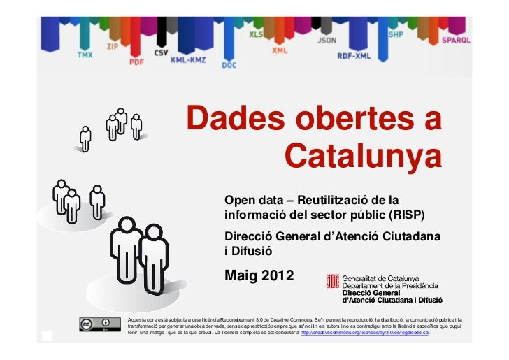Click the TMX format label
(85, 54)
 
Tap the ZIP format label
(113, 46)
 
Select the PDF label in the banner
(136, 62)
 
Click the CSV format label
(162, 52)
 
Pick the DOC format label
(229, 64)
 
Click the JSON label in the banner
(327, 41)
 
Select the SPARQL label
(456, 41)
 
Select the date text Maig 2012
(259, 275)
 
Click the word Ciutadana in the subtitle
(412, 237)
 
